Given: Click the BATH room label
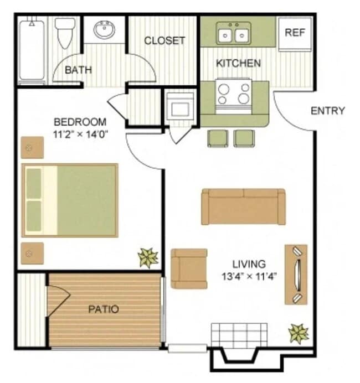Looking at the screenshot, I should (78, 70).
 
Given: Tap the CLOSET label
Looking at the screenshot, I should (164, 41).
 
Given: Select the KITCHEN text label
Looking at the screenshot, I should (238, 63).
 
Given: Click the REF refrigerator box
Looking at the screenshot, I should (295, 33).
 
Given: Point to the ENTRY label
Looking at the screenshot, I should (328, 111).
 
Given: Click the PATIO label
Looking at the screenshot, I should (104, 309).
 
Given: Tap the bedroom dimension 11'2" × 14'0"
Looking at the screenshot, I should (80, 134).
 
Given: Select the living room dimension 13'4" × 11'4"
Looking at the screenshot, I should (249, 276).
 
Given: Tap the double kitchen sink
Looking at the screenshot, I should (233, 34).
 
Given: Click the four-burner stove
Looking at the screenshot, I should (233, 93).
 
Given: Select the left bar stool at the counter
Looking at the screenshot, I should (217, 138).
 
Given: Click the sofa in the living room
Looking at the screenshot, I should (243, 206).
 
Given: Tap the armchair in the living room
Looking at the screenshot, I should (188, 268).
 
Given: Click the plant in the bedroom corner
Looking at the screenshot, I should (148, 257).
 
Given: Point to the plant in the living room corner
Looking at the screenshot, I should (298, 333).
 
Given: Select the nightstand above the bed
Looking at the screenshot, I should (32, 147).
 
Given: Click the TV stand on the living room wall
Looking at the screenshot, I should (296, 275).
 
